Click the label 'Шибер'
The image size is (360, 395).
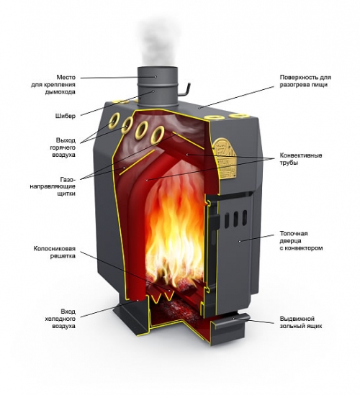pyautogui.click(x=66, y=116)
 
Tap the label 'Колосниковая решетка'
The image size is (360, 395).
pyautogui.click(x=55, y=253)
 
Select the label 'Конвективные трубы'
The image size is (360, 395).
pyautogui.click(x=301, y=159)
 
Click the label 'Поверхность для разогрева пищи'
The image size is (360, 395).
pyautogui.click(x=305, y=81)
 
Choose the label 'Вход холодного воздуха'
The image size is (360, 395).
pyautogui.click(x=60, y=319)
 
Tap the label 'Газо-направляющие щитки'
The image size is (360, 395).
pyautogui.click(x=53, y=186)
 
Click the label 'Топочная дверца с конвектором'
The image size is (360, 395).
pyautogui.click(x=301, y=241)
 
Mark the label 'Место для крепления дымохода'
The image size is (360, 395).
pyautogui.click(x=53, y=84)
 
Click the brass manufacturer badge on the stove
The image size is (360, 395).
pyautogui.click(x=225, y=158)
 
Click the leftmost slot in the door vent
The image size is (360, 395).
pyautogui.click(x=227, y=220)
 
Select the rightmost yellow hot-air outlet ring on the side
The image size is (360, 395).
pyautogui.click(x=158, y=135)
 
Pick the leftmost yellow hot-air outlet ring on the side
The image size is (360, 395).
pyautogui.click(x=114, y=120)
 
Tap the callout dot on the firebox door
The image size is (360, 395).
pyautogui.click(x=239, y=241)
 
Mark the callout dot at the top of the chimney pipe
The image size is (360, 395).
pyautogui.click(x=156, y=76)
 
